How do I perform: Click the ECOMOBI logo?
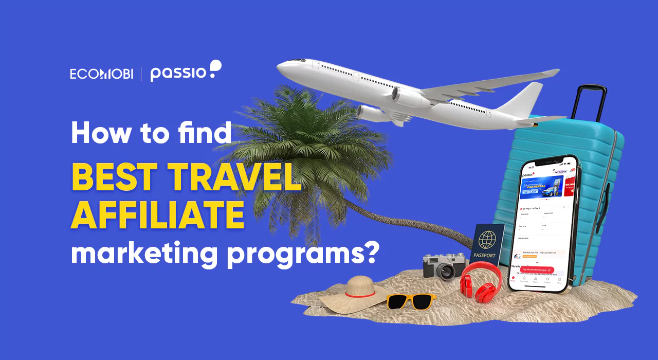click(101, 74)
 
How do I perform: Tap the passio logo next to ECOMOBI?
click(185, 72)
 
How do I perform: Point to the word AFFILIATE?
click(157, 216)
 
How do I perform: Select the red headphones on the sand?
click(480, 282)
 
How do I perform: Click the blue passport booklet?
click(486, 246)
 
